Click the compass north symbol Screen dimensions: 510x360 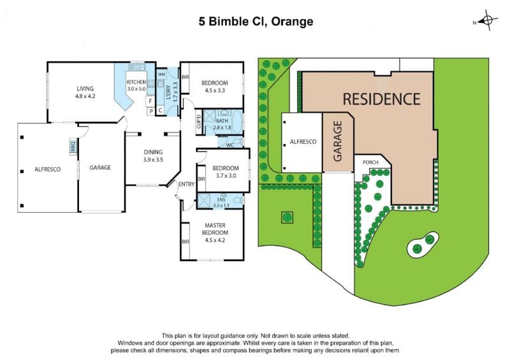[x=487, y=20]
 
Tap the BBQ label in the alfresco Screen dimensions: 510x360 [x=73, y=145]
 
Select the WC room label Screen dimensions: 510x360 [x=230, y=145]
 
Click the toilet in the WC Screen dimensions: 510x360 [x=238, y=142]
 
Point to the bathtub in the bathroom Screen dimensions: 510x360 [x=238, y=122]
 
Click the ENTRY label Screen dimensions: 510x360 [x=186, y=184]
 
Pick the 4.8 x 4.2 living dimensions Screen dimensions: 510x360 [x=85, y=96]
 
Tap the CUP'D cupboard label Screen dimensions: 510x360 [x=199, y=122]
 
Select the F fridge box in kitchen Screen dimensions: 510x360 [x=150, y=101]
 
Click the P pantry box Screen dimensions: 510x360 [x=151, y=112]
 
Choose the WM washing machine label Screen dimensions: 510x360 [x=161, y=75]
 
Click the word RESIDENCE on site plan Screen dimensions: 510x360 [x=381, y=99]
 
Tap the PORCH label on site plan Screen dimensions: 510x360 [x=370, y=162]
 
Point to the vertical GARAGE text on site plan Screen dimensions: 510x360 [x=338, y=141]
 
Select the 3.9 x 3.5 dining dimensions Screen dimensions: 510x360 [x=153, y=160]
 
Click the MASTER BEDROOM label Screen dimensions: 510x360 [x=215, y=229]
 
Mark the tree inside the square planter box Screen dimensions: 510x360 [x=287, y=217]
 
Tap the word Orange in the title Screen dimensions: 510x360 [x=292, y=22]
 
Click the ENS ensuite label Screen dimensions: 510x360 [x=221, y=199]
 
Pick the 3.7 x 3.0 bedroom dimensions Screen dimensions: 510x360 [x=226, y=176]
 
